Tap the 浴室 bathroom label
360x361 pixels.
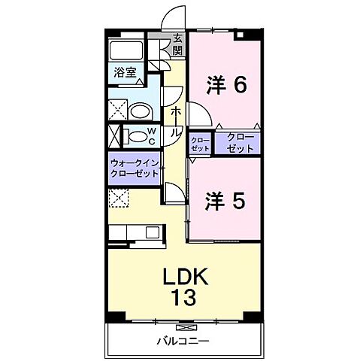pos(126,74)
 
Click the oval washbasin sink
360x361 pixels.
pos(140,112)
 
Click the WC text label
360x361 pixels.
pos(150,136)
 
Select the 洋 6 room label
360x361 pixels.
pos(226,86)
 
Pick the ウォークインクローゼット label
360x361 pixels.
pos(135,167)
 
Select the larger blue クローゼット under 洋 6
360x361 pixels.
pos(237,143)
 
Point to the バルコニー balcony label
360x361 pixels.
pos(182,340)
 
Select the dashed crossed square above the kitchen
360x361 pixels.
pos(118,199)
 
